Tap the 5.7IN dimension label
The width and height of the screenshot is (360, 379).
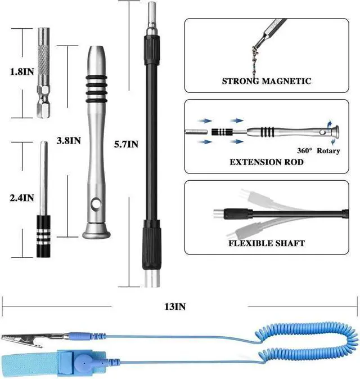[x=125, y=144]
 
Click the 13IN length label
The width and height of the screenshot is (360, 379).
[x=174, y=306]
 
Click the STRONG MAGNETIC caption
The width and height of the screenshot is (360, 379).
[x=266, y=81]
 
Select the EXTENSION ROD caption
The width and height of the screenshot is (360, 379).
[x=266, y=162]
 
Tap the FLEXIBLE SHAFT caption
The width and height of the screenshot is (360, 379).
[x=266, y=243]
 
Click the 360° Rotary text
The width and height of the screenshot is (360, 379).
[x=318, y=150]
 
